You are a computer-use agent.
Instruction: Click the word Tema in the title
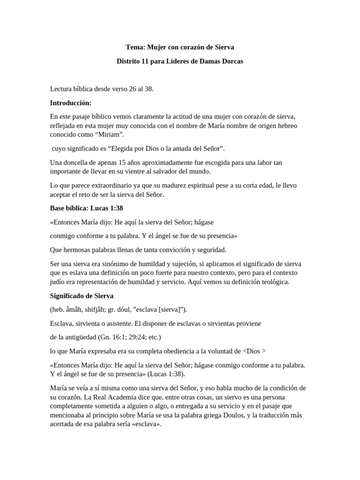tap(135, 47)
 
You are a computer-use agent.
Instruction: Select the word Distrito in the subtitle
tap(129, 61)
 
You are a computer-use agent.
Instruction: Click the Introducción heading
tap(71, 103)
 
